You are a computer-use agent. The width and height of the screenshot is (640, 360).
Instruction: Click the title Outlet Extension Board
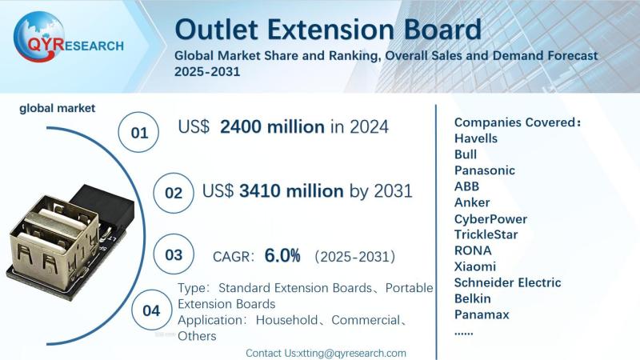pos(328,30)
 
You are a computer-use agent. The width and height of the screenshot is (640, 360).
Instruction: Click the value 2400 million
pos(272,126)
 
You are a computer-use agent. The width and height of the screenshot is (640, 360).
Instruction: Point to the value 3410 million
pos(296,191)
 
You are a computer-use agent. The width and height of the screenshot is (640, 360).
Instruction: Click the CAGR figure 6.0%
pos(282,256)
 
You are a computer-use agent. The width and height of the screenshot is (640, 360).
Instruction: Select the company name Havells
pos(475,138)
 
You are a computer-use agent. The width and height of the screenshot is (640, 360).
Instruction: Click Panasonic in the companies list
pos(484,170)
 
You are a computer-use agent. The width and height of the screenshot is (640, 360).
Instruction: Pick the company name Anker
pos(471,202)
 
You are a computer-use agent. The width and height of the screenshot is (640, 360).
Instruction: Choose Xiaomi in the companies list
pos(474,266)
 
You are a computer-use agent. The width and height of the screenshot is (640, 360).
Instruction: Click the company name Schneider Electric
pos(507,282)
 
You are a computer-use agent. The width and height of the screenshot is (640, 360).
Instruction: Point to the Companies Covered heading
pos(517,122)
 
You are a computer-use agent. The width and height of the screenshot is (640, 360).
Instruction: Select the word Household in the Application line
pos(289,320)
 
